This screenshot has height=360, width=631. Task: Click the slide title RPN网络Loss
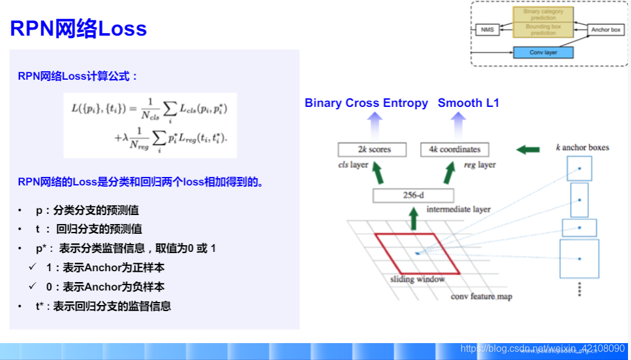(79, 28)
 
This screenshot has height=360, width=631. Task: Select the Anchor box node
(606, 29)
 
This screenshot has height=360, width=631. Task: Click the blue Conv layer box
(543, 53)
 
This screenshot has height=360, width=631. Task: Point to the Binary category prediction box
(543, 14)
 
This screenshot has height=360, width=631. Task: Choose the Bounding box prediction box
(543, 30)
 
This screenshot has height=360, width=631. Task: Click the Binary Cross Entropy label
(366, 103)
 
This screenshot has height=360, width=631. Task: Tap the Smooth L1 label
(468, 103)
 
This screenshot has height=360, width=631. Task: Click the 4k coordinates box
(455, 149)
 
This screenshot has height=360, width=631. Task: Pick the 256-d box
(413, 195)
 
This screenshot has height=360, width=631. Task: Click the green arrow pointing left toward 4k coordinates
(529, 149)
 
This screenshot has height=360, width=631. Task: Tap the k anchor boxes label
(582, 147)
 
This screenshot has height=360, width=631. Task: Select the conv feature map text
(481, 296)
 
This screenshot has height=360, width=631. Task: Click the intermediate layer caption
(458, 210)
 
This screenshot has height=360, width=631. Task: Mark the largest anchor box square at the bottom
(579, 259)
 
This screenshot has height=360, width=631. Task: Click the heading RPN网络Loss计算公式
(78, 76)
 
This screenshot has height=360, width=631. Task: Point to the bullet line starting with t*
(103, 306)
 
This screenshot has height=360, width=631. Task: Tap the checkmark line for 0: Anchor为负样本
(105, 287)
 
